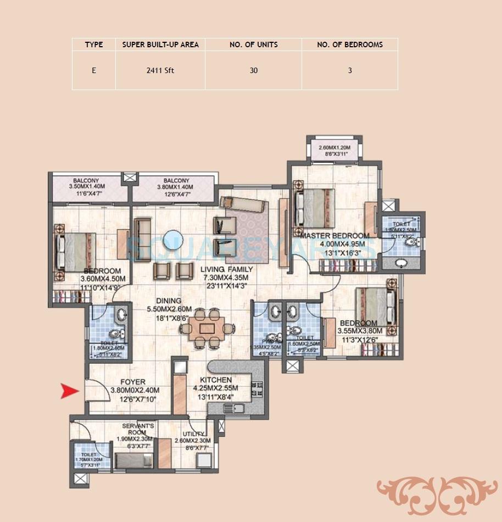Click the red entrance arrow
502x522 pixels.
[x=70, y=391]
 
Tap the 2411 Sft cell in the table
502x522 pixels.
[x=160, y=71]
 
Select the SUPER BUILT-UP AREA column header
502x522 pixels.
[x=160, y=45]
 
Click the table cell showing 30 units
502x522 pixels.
[x=253, y=71]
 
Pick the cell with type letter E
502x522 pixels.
[x=94, y=71]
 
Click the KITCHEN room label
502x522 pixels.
[x=216, y=380]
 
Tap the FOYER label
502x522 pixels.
[x=132, y=382]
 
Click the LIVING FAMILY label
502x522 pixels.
[x=226, y=269]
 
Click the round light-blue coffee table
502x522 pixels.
[x=176, y=240]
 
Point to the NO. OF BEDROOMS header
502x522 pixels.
[x=349, y=45]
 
